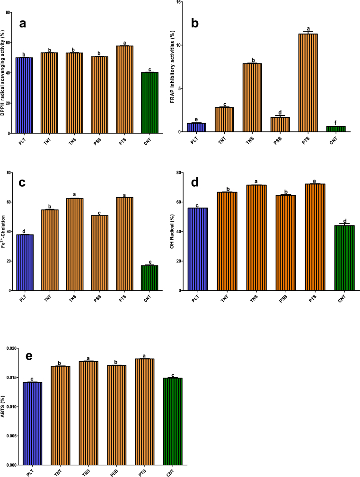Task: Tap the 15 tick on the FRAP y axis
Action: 181,2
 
